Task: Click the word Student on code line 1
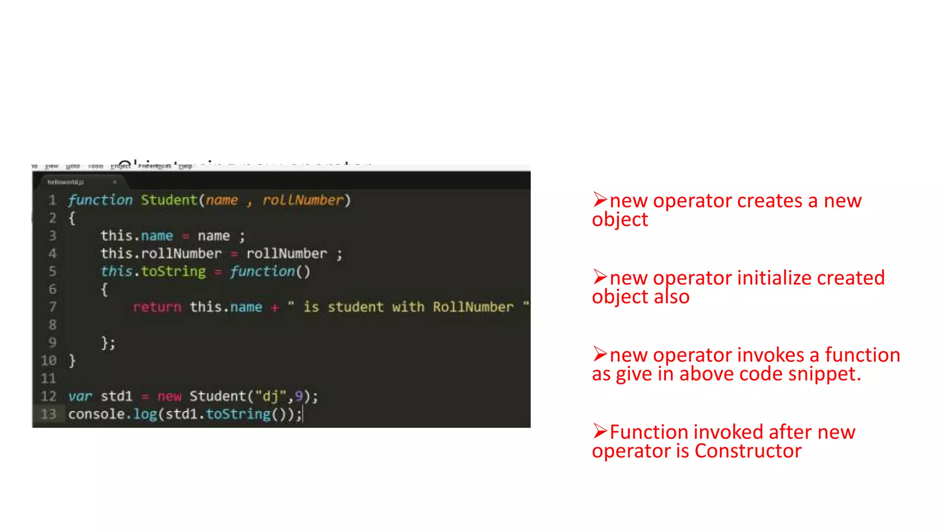click(x=169, y=200)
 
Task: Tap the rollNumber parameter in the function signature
click(x=303, y=200)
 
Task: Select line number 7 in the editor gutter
click(x=53, y=307)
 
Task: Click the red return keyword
click(x=157, y=307)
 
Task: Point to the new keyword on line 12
click(x=169, y=396)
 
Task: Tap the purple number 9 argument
click(x=299, y=396)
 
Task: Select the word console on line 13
click(x=96, y=414)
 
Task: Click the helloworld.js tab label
click(x=65, y=182)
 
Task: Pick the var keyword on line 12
click(x=80, y=396)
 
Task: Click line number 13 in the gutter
click(x=48, y=414)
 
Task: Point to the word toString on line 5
click(x=173, y=271)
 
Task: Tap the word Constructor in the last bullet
click(x=748, y=451)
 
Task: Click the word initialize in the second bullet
click(x=774, y=278)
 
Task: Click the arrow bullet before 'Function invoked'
click(x=600, y=431)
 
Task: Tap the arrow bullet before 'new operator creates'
click(x=600, y=200)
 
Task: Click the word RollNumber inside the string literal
click(x=473, y=307)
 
